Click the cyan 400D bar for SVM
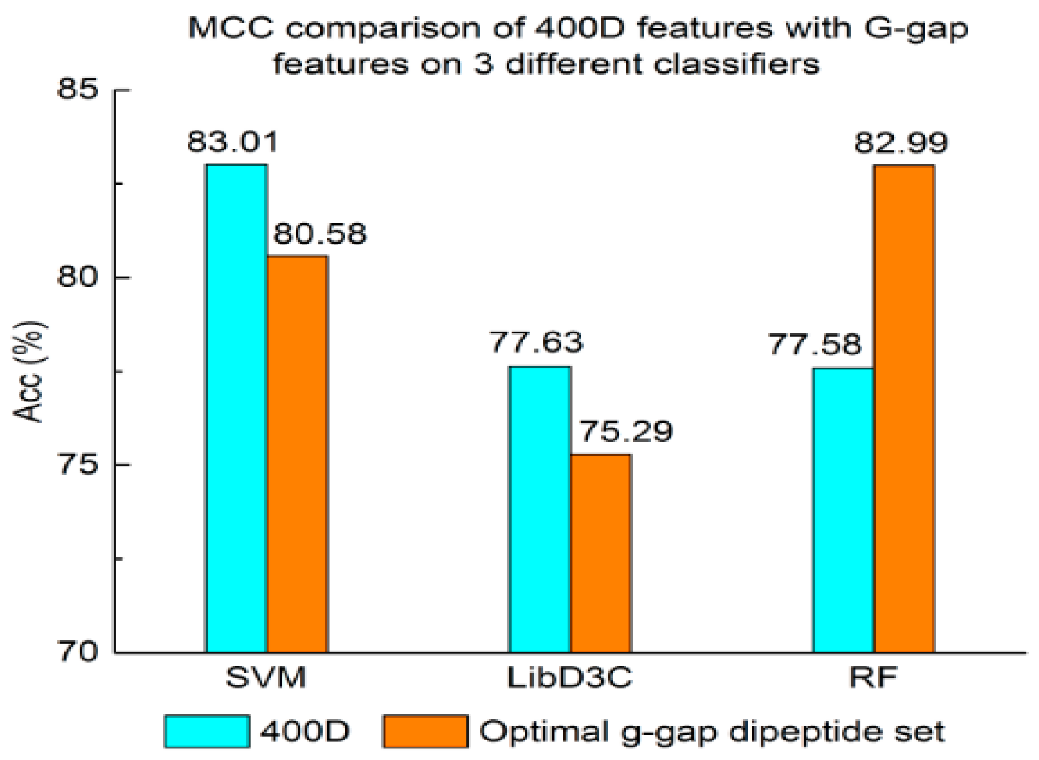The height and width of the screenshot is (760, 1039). [236, 408]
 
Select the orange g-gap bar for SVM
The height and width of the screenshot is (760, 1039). [297, 454]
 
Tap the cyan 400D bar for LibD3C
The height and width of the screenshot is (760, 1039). [539, 509]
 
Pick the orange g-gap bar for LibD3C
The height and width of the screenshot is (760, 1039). [600, 553]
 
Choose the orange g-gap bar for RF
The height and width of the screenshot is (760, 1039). [904, 409]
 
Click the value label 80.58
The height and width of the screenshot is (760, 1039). [320, 234]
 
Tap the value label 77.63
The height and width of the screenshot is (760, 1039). [536, 342]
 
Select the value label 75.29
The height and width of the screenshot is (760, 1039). [626, 431]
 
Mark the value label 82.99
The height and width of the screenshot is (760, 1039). [901, 143]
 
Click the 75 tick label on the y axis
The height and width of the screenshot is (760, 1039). [78, 464]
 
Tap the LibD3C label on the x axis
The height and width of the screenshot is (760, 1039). [570, 677]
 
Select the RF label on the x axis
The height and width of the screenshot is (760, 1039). [873, 677]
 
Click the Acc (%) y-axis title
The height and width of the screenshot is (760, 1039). [29, 372]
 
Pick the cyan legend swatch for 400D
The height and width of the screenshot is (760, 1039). [207, 732]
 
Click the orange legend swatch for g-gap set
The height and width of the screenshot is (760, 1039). [425, 732]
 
